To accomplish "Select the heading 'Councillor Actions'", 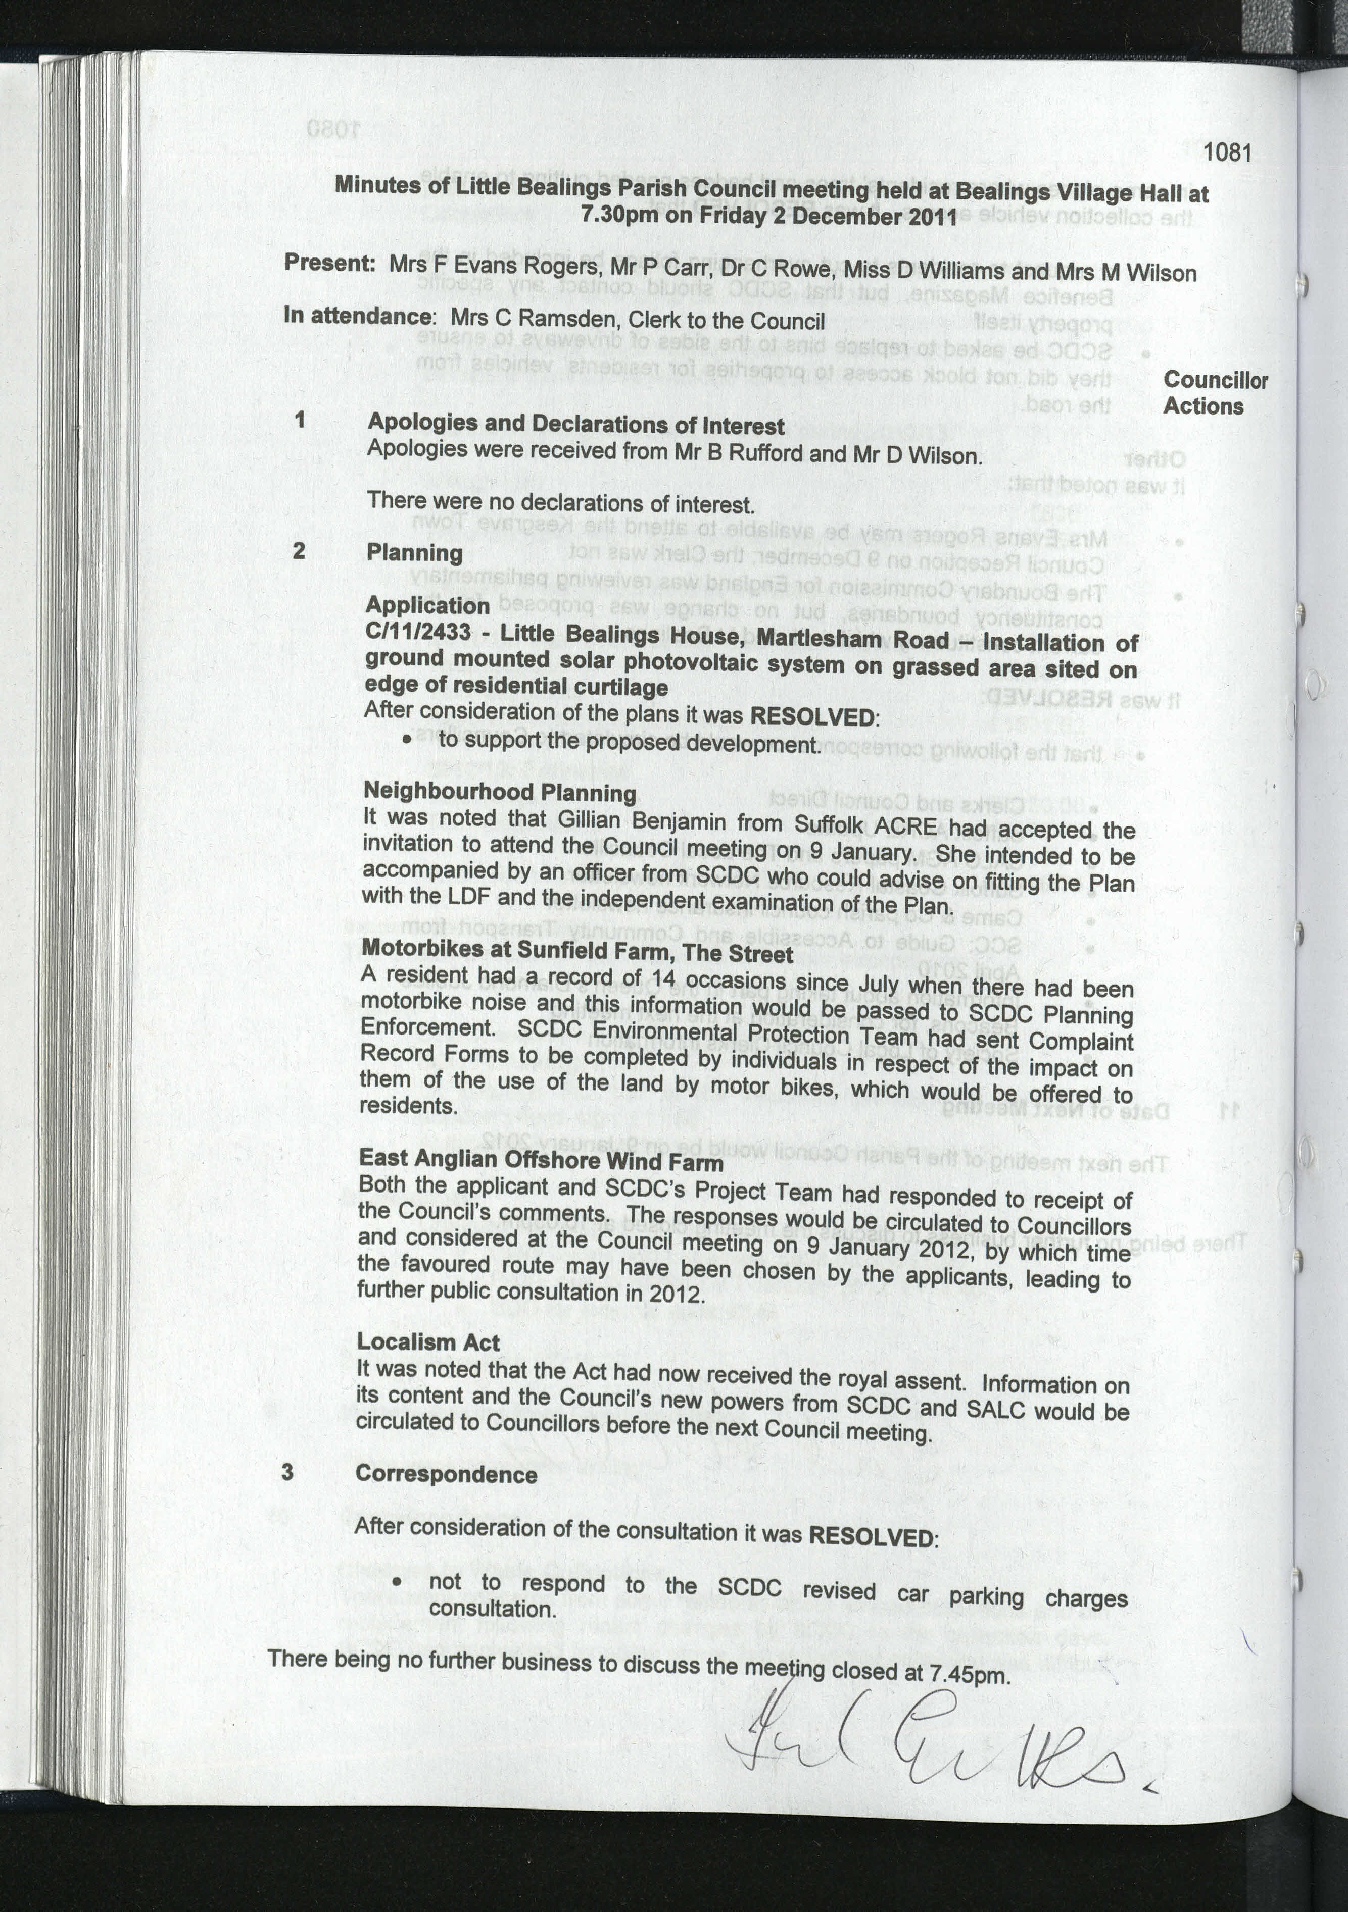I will click(1214, 393).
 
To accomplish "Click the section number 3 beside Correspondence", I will click(287, 1471).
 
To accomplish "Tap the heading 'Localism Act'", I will click(428, 1341).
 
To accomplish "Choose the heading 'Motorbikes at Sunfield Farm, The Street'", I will click(576, 951).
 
